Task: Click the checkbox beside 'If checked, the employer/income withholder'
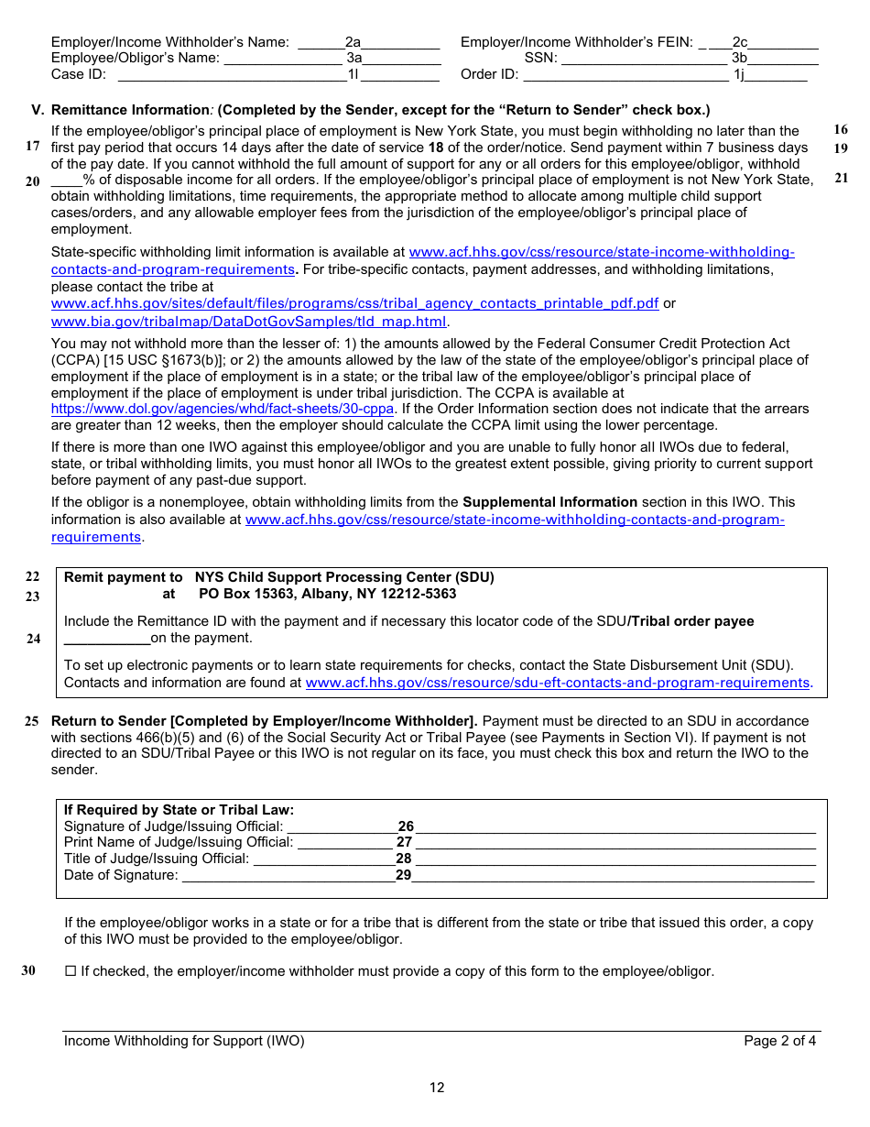[x=71, y=971]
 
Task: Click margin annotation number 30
[x=28, y=971]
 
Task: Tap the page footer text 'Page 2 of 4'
[x=779, y=1041]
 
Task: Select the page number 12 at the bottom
[x=437, y=1088]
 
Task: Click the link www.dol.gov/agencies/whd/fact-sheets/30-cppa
[x=223, y=409]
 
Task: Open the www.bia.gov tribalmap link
[x=248, y=322]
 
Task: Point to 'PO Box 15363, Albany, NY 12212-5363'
[x=327, y=594]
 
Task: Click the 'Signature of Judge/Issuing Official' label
[x=173, y=826]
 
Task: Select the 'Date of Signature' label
[x=121, y=875]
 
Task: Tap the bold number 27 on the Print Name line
[x=404, y=842]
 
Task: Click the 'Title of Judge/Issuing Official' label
[x=156, y=859]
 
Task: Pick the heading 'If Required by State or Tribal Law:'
[x=179, y=810]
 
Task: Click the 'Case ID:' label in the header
[x=79, y=74]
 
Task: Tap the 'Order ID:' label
[x=490, y=74]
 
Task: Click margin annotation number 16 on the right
[x=841, y=130]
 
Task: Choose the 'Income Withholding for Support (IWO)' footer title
[x=184, y=1041]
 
